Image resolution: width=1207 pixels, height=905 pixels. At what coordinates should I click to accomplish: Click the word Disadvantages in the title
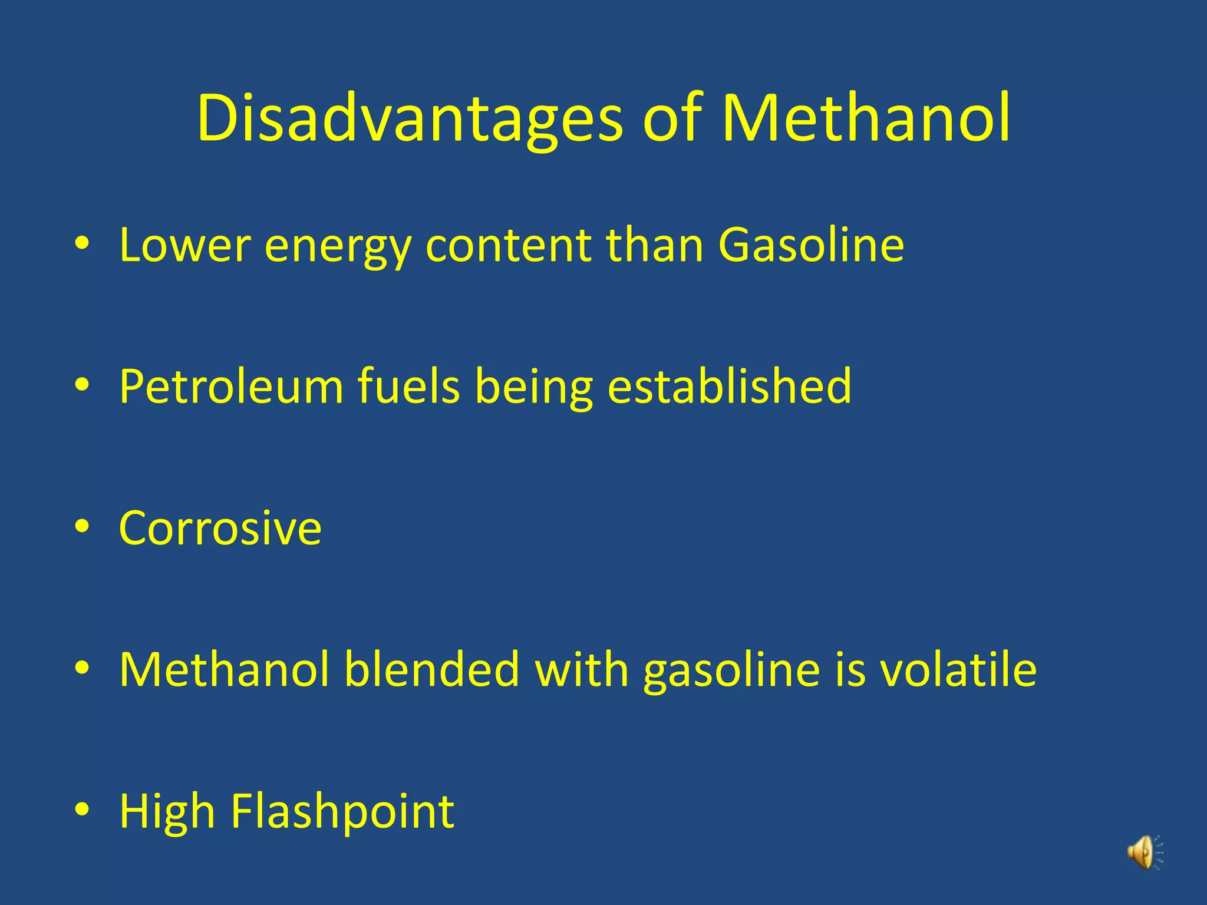(409, 118)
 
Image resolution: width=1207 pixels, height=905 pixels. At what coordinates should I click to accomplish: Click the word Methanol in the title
(866, 117)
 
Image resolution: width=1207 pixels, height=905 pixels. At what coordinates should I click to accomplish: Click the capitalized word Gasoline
(811, 245)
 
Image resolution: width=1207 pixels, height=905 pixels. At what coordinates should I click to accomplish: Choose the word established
(729, 387)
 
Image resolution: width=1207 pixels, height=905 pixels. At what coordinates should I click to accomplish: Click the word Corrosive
(220, 528)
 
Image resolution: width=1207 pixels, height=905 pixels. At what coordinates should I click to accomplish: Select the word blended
(431, 669)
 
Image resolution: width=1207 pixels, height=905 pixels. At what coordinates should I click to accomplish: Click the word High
(167, 812)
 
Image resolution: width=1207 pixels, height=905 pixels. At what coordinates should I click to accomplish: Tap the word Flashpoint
(342, 812)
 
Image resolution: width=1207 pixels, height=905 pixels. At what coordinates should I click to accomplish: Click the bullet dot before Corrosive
(82, 526)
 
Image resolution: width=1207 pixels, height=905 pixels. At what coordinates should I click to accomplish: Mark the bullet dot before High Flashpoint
(82, 810)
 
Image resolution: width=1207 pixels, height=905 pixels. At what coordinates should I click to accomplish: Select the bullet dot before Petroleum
(82, 385)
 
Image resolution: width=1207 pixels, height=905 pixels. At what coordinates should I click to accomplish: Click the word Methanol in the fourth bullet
(224, 669)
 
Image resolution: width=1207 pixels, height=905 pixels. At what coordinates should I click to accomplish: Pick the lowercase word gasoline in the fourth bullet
(731, 671)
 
